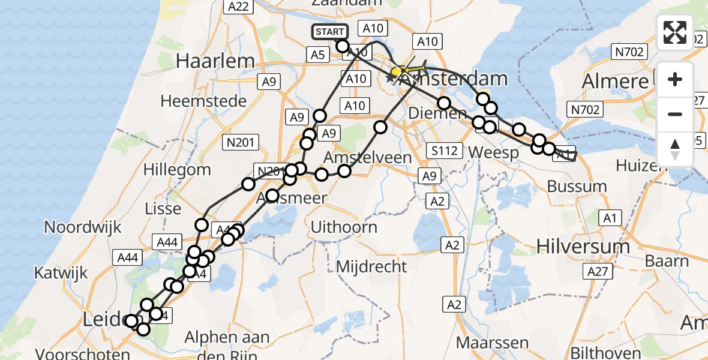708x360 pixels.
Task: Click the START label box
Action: [329, 32]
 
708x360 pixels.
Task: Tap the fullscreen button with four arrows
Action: [675, 32]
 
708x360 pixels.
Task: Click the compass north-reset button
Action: [675, 149]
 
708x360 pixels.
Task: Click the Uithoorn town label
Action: [344, 227]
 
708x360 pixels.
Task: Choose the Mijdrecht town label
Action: [371, 266]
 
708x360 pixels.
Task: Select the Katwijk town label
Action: [61, 273]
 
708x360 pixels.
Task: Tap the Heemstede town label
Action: [203, 100]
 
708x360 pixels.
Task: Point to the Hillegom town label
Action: [177, 169]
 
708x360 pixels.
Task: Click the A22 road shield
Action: [239, 7]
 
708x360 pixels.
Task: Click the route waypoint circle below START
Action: [343, 46]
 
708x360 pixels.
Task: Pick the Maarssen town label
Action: [492, 343]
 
